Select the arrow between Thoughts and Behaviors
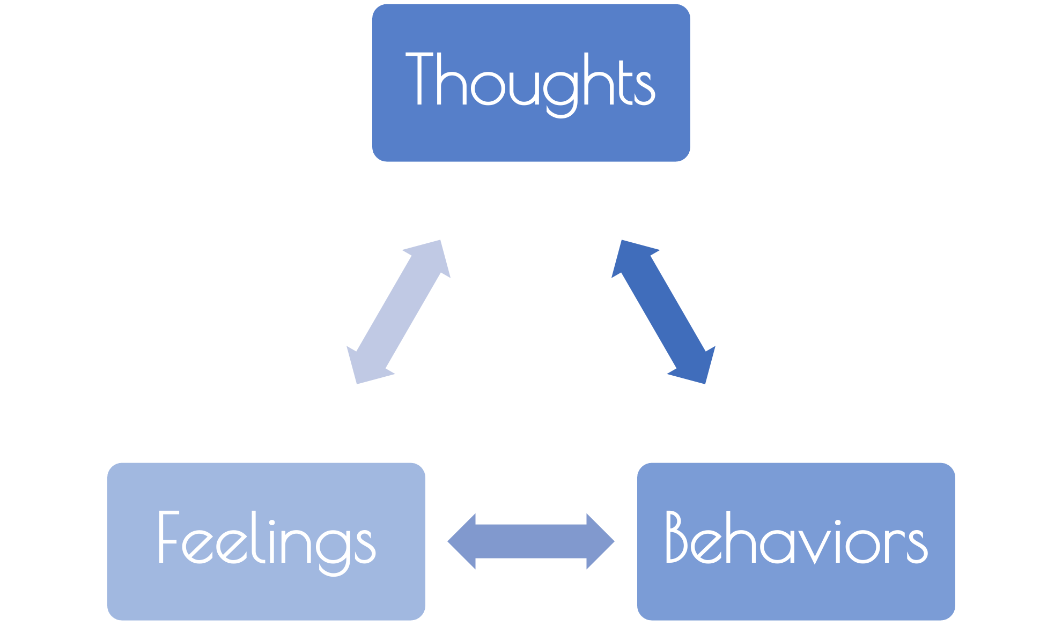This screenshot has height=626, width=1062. [663, 312]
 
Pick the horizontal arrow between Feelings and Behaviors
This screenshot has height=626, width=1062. [531, 541]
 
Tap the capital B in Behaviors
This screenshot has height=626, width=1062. [680, 538]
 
